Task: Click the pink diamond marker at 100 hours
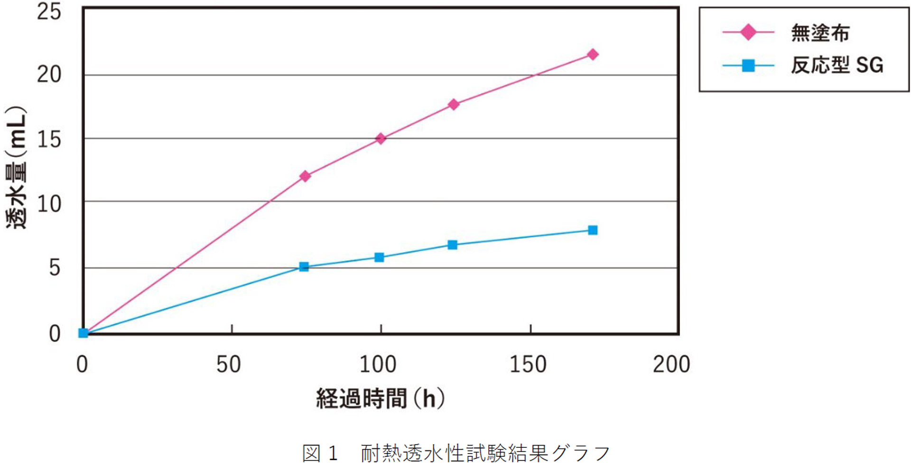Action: click(381, 138)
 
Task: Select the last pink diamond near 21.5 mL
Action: click(592, 54)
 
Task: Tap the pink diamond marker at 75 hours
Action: click(305, 176)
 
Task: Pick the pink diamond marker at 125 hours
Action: click(454, 104)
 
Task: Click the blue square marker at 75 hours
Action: click(304, 267)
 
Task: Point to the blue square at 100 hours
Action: click(379, 257)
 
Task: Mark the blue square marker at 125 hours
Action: click(453, 245)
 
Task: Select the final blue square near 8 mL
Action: click(592, 230)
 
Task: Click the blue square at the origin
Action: click(83, 333)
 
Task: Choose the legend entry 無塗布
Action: click(819, 33)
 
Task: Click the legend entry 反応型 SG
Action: click(837, 65)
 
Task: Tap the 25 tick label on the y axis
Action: click(49, 11)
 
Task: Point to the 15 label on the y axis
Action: click(49, 139)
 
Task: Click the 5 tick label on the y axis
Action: click(55, 268)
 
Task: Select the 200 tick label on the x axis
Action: click(671, 364)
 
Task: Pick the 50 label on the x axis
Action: click(229, 364)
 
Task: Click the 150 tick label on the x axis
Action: click(528, 364)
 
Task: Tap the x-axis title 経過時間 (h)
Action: click(381, 398)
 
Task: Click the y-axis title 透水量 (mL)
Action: click(16, 167)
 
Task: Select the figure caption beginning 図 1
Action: click(455, 453)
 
